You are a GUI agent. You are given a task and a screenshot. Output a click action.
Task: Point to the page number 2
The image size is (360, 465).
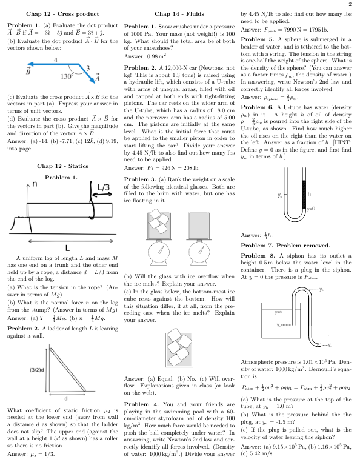(x=350, y=4)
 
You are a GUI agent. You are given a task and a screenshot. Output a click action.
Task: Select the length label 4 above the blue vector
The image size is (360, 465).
(x=56, y=59)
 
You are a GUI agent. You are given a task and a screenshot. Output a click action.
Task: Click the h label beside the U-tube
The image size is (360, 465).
(x=309, y=195)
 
